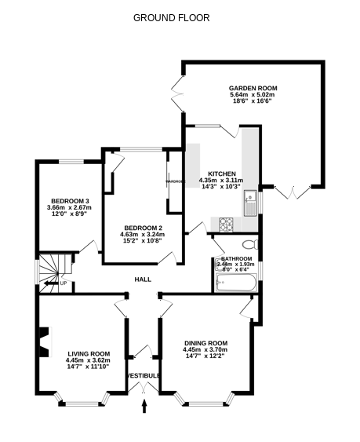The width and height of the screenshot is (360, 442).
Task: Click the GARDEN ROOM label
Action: click(253, 88)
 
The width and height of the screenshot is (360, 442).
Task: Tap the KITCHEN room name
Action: click(222, 173)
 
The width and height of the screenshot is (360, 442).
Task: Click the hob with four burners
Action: click(227, 225)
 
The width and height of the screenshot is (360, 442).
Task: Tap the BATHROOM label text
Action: click(236, 259)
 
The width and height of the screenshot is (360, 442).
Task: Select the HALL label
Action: click(143, 279)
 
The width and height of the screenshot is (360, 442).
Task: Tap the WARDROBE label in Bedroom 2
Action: click(174, 182)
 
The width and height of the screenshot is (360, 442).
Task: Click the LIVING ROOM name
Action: click(88, 354)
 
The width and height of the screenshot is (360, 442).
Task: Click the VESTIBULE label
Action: click(144, 376)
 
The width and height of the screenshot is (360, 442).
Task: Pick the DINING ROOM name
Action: click(205, 343)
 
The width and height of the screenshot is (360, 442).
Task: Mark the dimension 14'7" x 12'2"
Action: click(205, 357)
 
